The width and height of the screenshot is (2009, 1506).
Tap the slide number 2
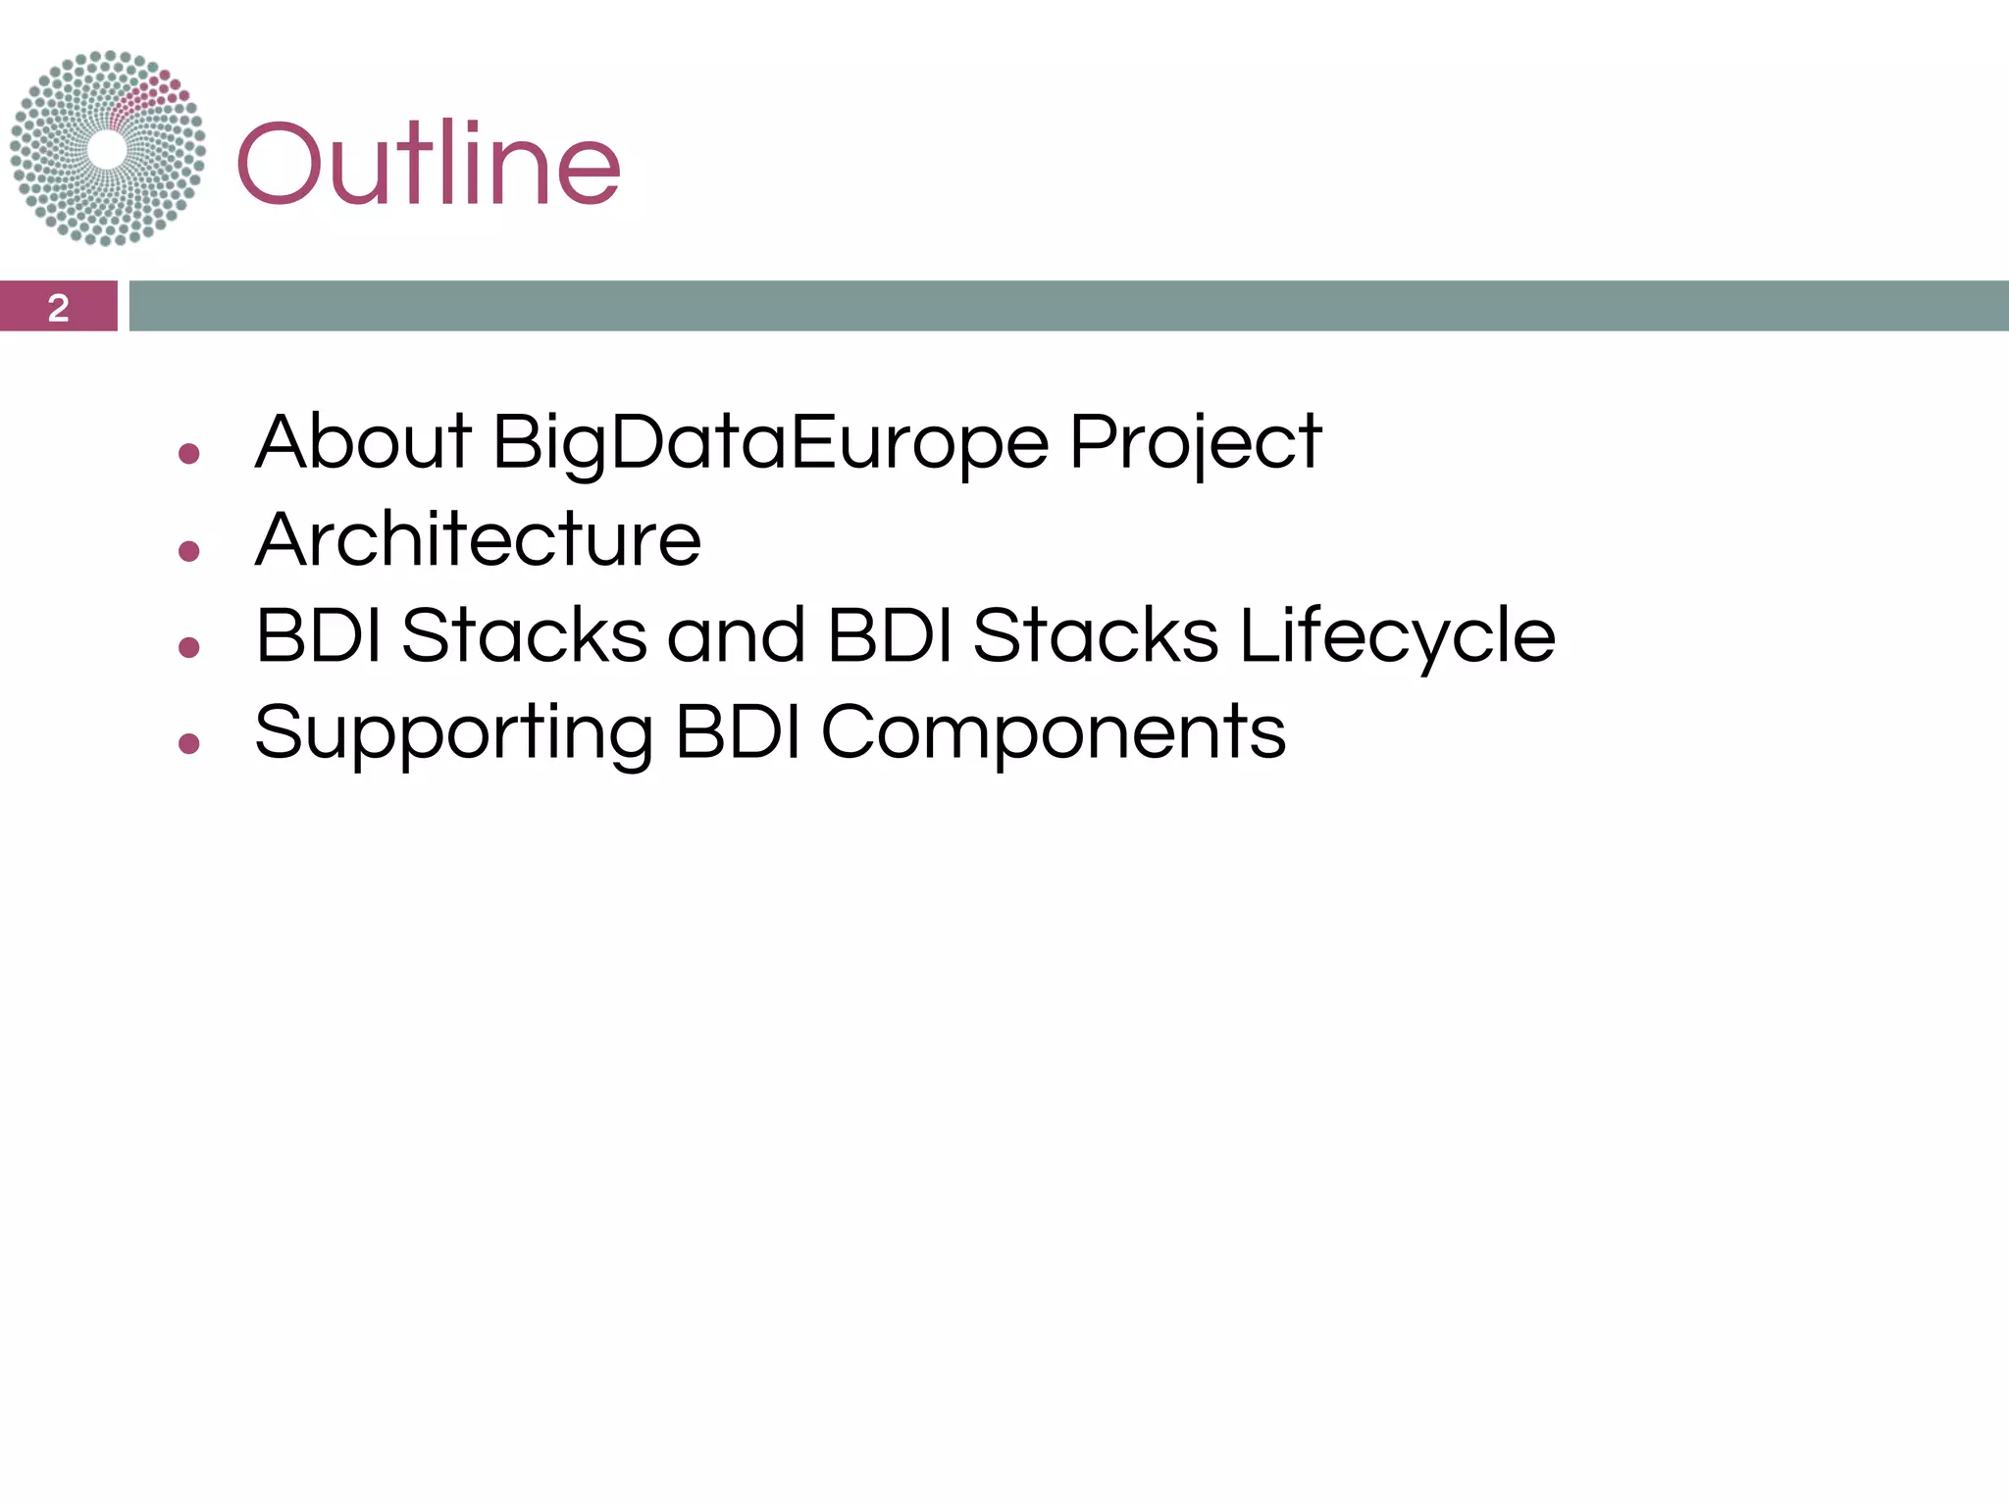point(59,307)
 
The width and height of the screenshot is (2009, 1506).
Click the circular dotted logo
point(108,148)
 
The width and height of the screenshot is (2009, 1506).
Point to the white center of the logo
point(107,150)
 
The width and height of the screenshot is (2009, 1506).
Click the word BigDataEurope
point(770,443)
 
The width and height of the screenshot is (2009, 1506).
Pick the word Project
point(1195,443)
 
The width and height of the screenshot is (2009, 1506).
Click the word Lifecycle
point(1397,636)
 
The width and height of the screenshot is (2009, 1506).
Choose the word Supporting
point(453,733)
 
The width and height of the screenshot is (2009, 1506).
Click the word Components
point(1053,733)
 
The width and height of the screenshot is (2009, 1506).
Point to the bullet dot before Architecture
point(189,551)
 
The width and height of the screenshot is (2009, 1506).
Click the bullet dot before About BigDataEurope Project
point(189,454)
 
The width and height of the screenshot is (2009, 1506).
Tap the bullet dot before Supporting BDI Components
point(189,744)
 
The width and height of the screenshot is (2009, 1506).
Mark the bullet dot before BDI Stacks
point(189,647)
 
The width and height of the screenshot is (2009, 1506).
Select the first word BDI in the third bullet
point(318,635)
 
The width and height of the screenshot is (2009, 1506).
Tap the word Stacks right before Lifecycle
point(1095,635)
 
